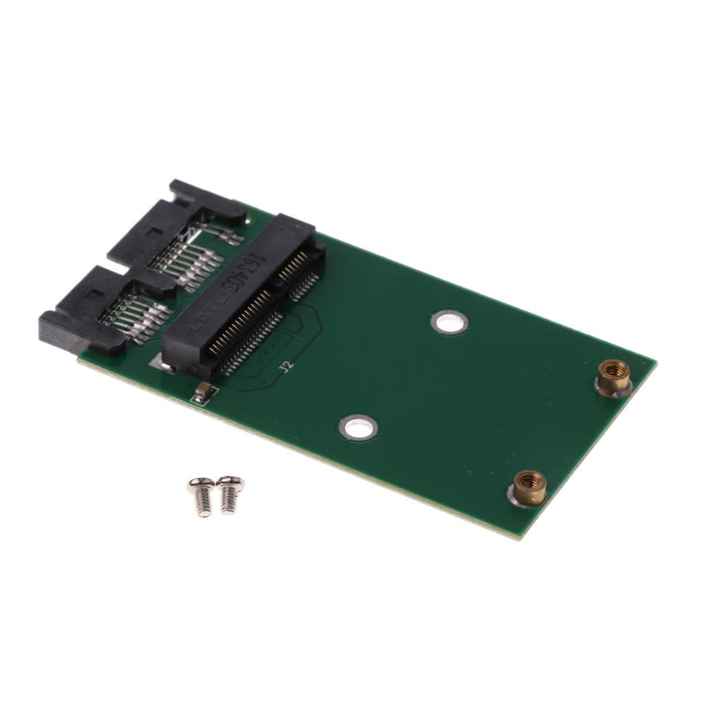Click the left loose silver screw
click(x=202, y=495)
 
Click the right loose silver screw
click(x=229, y=492)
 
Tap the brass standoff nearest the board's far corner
click(x=613, y=376)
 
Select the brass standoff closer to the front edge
click(x=529, y=487)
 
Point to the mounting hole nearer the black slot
click(x=449, y=321)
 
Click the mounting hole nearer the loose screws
click(x=358, y=428)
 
